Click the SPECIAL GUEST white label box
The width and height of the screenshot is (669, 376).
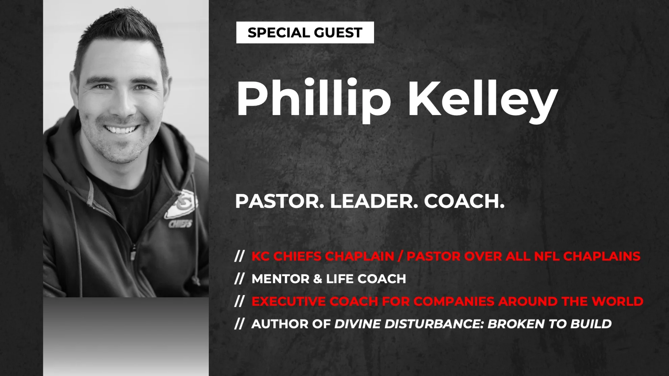(305, 32)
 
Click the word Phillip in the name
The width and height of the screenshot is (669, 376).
(314, 99)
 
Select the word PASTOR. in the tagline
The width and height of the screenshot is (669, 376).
(279, 201)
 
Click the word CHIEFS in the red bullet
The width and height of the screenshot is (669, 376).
(297, 257)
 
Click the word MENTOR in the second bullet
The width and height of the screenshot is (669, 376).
(280, 279)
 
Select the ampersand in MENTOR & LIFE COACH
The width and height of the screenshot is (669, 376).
(318, 279)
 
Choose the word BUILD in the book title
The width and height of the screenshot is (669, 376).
(591, 324)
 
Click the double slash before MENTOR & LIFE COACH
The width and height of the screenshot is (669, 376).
(239, 279)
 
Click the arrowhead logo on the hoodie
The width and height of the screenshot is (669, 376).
(180, 205)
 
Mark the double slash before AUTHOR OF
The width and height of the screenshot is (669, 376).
(239, 324)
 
